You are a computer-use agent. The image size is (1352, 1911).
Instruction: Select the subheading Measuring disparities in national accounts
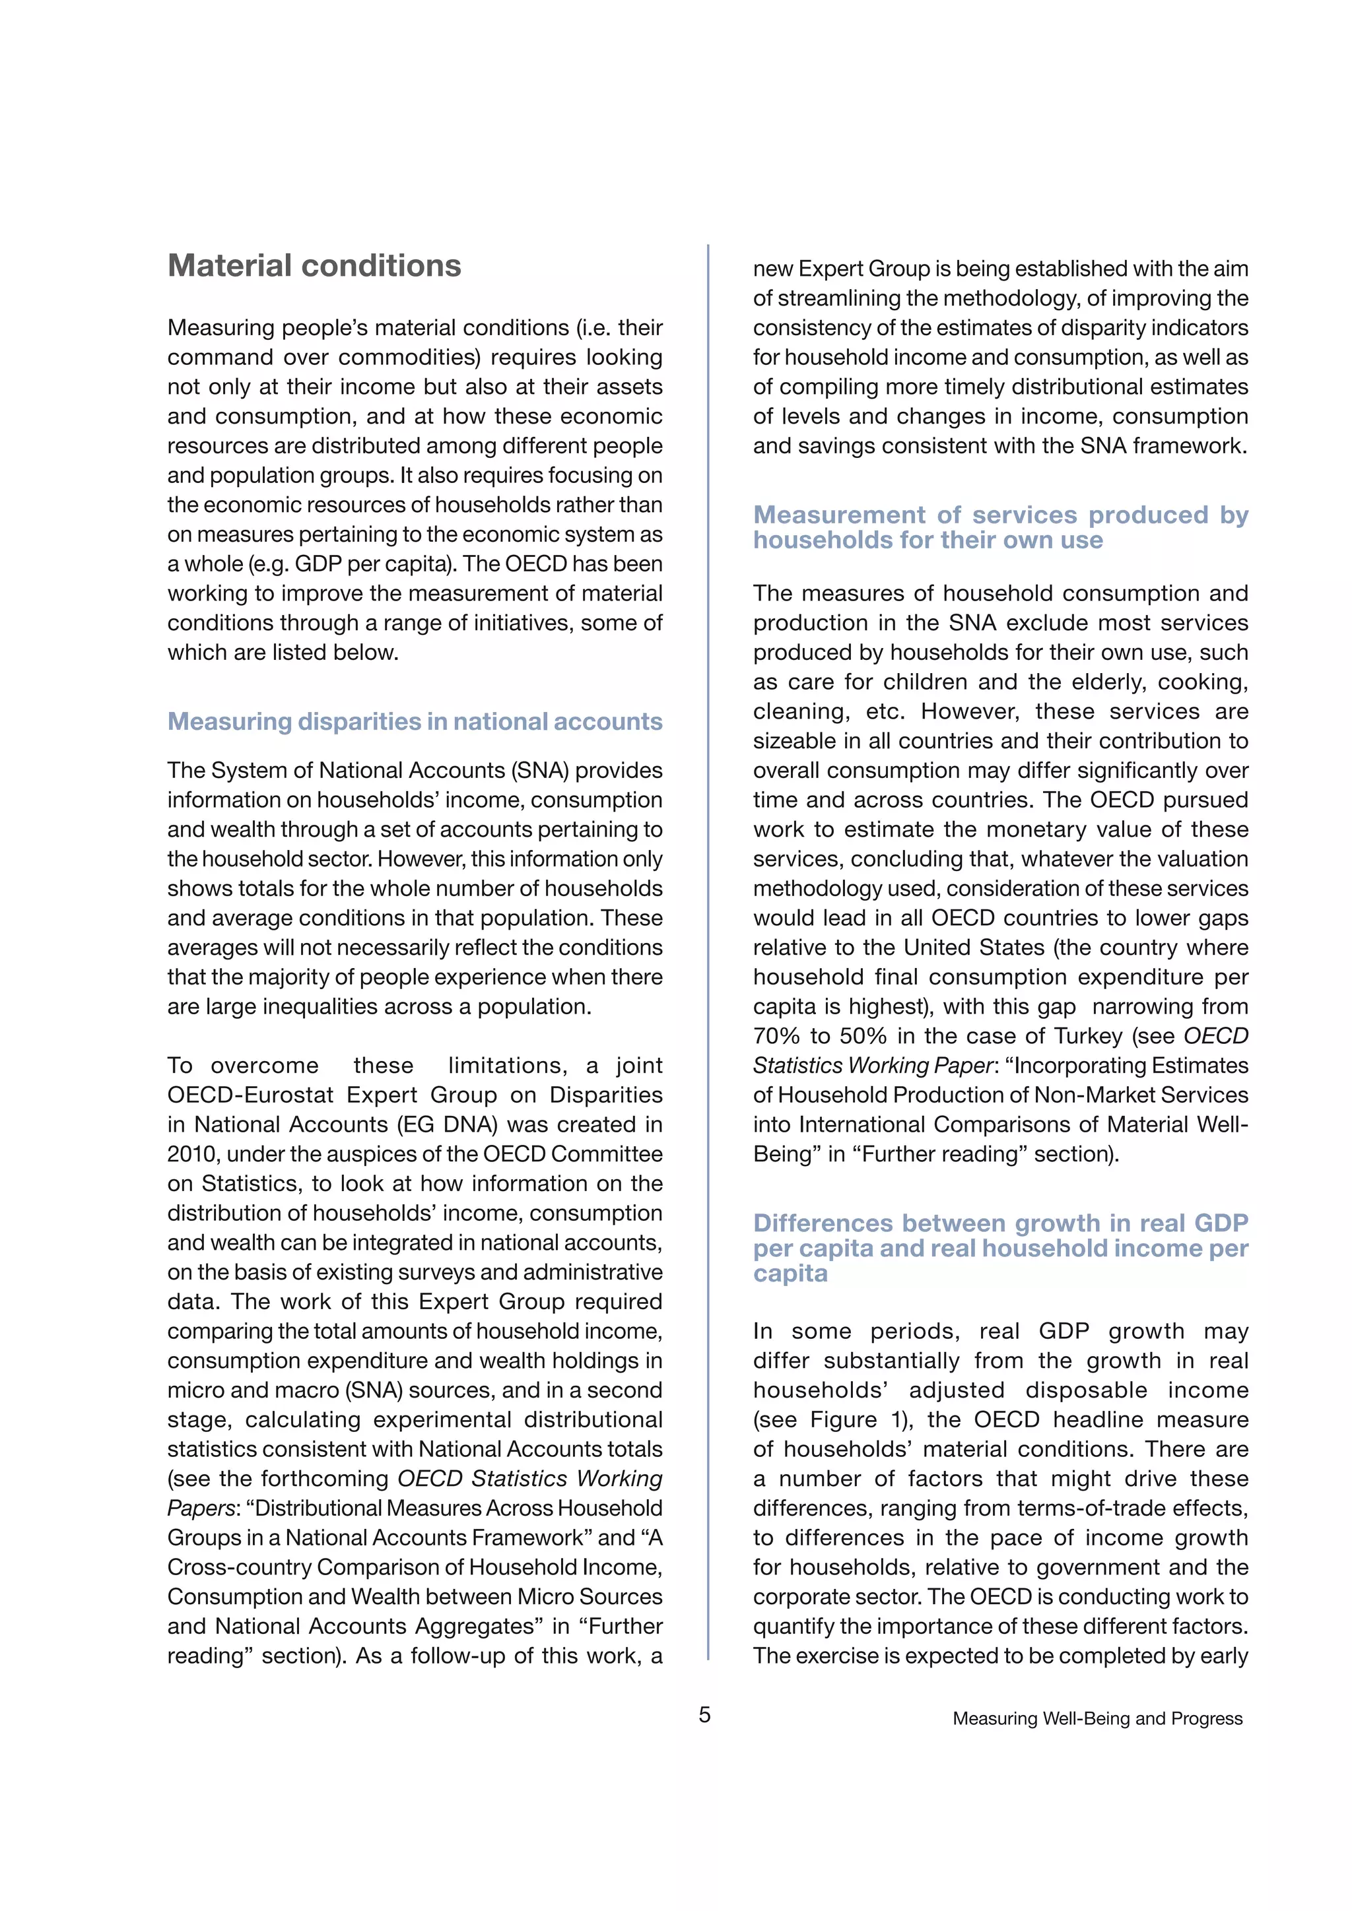point(415,722)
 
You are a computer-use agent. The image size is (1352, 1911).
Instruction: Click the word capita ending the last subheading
point(790,1274)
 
